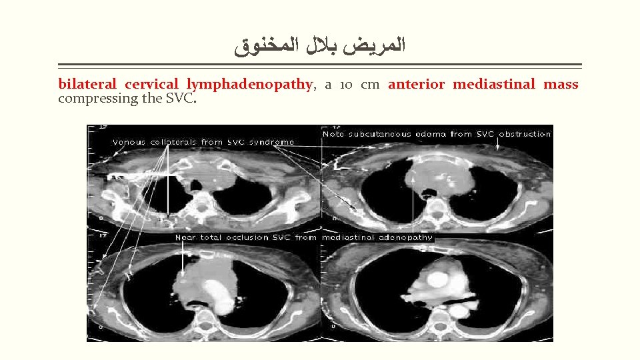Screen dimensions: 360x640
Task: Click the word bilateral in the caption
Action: click(x=87, y=85)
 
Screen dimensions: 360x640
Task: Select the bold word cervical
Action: click(x=151, y=85)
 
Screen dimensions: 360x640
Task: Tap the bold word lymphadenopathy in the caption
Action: click(x=249, y=85)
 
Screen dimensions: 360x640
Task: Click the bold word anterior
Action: click(x=417, y=85)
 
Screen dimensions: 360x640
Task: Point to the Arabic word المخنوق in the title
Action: click(x=257, y=48)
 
